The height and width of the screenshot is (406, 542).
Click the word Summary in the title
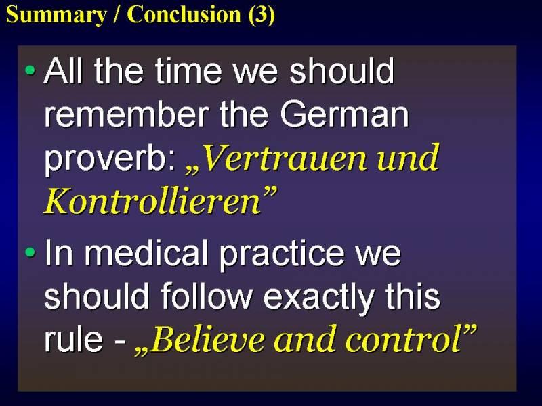click(56, 15)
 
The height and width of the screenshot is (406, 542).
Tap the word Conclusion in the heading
click(184, 14)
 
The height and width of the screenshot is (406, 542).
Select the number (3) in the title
click(262, 15)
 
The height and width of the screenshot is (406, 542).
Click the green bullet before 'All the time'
click(30, 70)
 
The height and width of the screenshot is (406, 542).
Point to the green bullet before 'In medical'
click(30, 252)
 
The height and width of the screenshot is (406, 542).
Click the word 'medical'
click(146, 252)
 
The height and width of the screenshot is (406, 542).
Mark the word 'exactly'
click(319, 298)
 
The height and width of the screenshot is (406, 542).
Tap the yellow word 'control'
click(403, 338)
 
